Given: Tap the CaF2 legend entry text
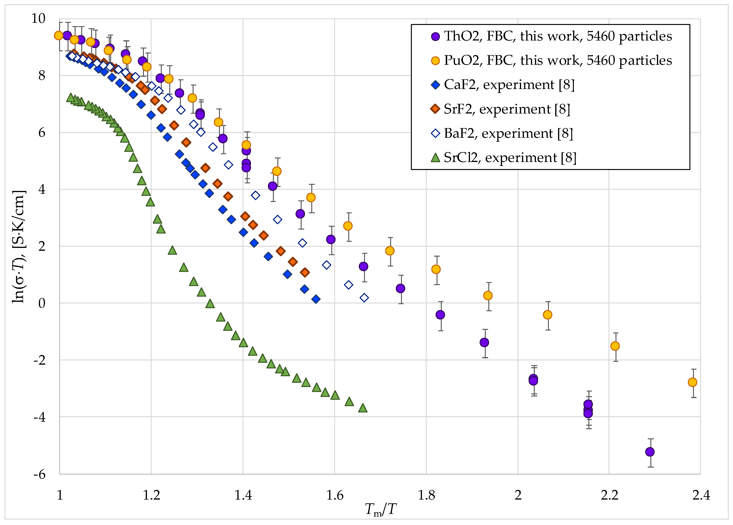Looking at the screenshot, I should point(509,85).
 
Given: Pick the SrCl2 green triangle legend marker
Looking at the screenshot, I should point(435,158).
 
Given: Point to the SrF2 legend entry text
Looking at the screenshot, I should point(507,109).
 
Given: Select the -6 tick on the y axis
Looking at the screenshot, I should point(39,474).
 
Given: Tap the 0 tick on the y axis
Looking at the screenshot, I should point(42,303).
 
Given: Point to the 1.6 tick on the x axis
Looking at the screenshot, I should point(335,495).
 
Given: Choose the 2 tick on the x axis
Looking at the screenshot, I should point(518,495).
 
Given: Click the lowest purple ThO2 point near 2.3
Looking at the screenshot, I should point(650,452).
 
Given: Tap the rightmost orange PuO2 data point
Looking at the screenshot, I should point(692,382).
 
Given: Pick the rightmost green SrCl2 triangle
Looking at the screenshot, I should point(363,408).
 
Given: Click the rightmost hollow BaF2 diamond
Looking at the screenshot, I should point(364,298).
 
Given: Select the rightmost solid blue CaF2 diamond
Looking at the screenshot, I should point(316,299).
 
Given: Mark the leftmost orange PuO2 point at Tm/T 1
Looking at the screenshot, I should point(58,36).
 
